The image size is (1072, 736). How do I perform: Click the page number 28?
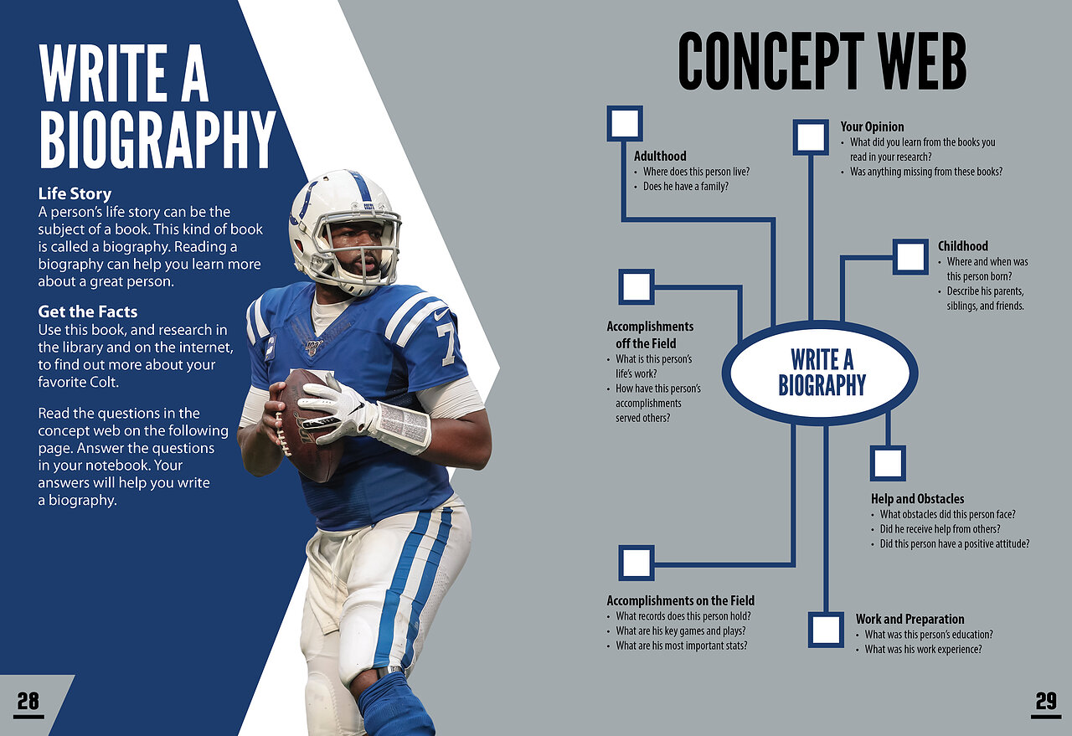(28, 702)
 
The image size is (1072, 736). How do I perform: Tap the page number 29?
(1046, 702)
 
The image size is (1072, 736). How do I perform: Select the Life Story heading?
(75, 193)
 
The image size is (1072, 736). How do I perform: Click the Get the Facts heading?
(88, 311)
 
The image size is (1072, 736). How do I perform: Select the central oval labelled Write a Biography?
(820, 373)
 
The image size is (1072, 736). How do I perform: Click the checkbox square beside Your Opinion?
(811, 137)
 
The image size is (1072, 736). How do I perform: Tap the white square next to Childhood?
(910, 257)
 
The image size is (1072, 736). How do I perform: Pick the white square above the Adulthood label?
(625, 123)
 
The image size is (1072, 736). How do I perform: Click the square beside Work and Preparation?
(826, 630)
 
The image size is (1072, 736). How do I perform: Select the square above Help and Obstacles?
(888, 463)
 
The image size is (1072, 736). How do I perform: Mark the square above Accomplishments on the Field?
(636, 563)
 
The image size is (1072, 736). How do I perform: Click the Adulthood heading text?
(660, 156)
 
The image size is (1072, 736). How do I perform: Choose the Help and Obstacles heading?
(917, 499)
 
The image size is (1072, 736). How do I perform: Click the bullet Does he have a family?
(685, 187)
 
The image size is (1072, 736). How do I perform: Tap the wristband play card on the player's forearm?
(404, 427)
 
